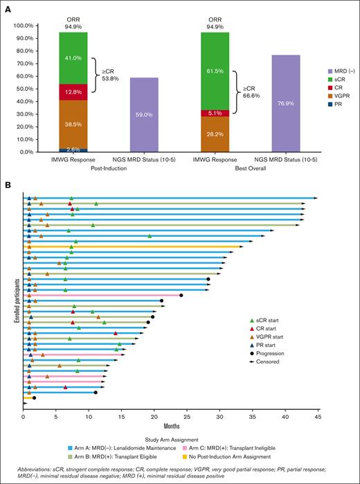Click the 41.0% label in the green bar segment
coord(73,58)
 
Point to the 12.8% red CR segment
coord(73,92)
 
